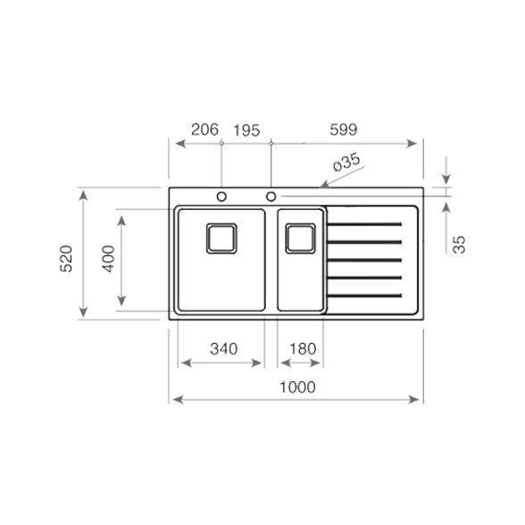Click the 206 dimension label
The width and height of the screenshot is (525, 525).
204,129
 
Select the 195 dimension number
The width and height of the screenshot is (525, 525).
246,130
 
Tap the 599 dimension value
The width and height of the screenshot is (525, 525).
344,129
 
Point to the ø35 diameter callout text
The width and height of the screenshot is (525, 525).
346,162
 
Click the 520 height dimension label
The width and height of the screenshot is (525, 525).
66,259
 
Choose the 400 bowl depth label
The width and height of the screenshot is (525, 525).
109,259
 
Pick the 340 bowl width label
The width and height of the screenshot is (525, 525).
223,349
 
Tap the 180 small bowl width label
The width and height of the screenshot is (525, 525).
303,349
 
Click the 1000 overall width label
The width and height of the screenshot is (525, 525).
297,387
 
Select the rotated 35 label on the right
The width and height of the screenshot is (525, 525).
459,245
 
